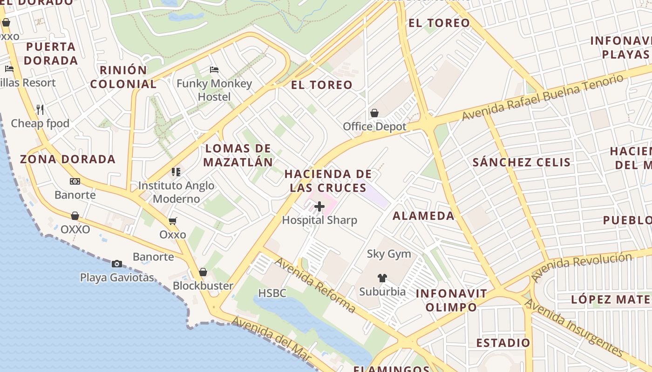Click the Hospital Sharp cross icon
point(319,206)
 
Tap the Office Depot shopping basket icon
point(374,113)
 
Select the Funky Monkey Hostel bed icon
point(214,70)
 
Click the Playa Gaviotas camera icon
point(117,264)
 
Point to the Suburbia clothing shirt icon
point(382,278)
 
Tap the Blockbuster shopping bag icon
point(203,272)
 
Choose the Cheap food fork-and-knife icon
point(40,110)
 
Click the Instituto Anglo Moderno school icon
point(176,172)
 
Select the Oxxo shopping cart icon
point(173,221)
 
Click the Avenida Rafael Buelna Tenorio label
point(543,97)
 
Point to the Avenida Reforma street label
point(315,285)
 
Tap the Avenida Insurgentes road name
point(574,327)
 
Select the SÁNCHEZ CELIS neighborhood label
point(521,162)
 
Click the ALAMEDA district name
point(423,216)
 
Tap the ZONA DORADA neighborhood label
point(68,159)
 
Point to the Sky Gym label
point(389,254)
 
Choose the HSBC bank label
point(272,293)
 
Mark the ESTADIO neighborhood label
point(503,343)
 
